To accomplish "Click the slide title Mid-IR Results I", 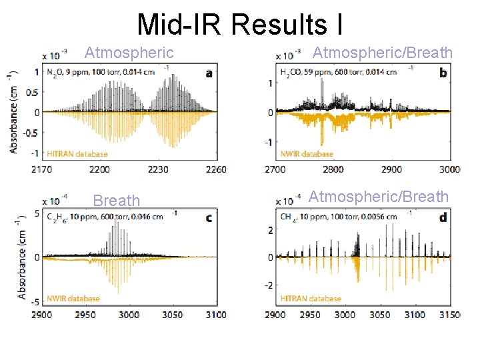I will click(240, 24).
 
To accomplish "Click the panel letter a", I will click(209, 73).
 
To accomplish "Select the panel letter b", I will click(443, 73).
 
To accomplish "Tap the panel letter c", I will click(209, 217).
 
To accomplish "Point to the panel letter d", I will click(443, 218).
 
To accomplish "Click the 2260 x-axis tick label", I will click(215, 170).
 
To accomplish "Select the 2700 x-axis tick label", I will click(276, 170).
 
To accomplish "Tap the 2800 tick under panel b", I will click(334, 170).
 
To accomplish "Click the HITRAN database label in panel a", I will click(77, 154).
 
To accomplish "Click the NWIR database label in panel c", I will click(73, 298).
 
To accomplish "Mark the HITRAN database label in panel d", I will click(311, 298).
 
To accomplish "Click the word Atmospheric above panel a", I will click(129, 53).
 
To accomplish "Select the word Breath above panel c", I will click(117, 201).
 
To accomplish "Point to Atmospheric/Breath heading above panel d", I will click(379, 197).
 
